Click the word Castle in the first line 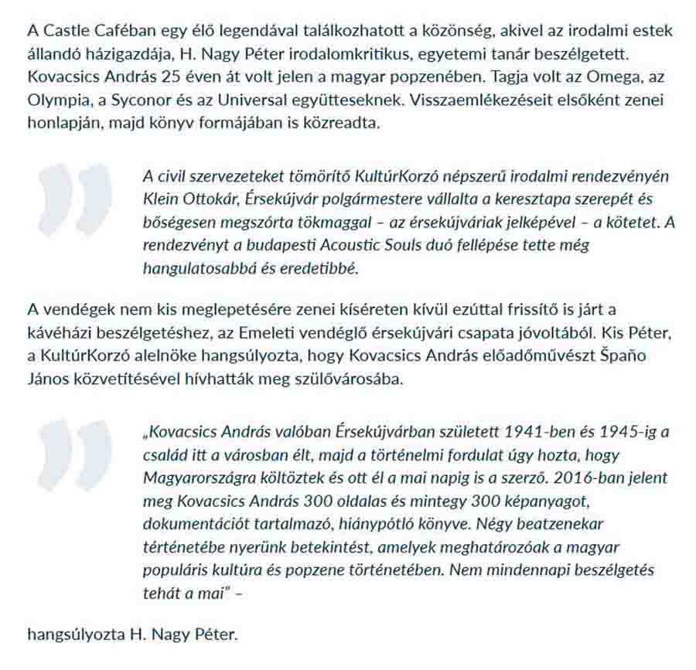point(64,32)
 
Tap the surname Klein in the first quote point(159,199)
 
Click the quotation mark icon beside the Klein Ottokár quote point(74,199)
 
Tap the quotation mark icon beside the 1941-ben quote point(74,456)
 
